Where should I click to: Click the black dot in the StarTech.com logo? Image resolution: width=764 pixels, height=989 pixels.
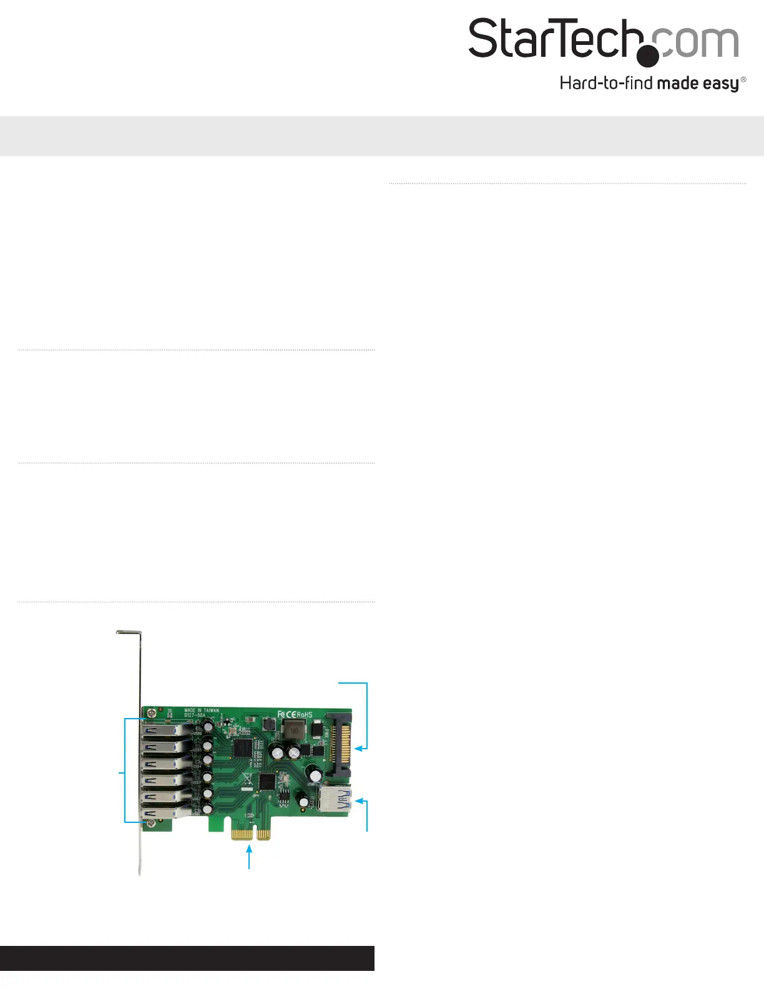648,55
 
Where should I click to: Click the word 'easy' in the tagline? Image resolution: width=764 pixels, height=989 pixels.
721,83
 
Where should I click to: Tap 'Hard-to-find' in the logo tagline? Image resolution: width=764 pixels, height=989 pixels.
605,83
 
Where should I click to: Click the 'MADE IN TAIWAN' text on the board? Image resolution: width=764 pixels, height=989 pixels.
202,711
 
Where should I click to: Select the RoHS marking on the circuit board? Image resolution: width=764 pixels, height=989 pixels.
304,714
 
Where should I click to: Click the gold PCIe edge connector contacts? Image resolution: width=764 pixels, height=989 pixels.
250,834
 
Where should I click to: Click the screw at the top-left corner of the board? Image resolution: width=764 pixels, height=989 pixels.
150,712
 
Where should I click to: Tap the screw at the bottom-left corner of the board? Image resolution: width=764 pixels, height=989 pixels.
150,824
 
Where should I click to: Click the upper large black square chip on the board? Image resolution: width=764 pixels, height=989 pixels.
242,748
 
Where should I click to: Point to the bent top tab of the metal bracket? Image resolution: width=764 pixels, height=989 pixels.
129,634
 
